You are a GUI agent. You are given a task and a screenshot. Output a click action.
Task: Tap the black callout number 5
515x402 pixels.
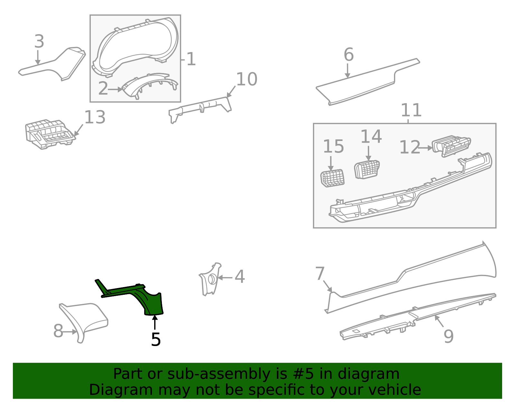pyautogui.click(x=156, y=340)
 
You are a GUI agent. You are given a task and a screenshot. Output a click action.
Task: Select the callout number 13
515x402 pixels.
pyautogui.click(x=95, y=117)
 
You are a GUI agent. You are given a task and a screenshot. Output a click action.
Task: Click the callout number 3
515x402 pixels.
pyautogui.click(x=39, y=42)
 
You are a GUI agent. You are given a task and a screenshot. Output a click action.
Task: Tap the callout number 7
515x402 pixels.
pyautogui.click(x=320, y=274)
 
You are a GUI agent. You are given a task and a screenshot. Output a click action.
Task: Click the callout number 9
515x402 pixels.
pyautogui.click(x=449, y=336)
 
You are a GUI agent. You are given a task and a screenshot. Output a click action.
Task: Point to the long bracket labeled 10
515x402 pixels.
pyautogui.click(x=200, y=108)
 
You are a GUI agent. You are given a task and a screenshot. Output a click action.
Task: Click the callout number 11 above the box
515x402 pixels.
pyautogui.click(x=411, y=110)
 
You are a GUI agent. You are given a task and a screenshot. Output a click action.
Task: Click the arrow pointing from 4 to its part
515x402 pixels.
pyautogui.click(x=225, y=277)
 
